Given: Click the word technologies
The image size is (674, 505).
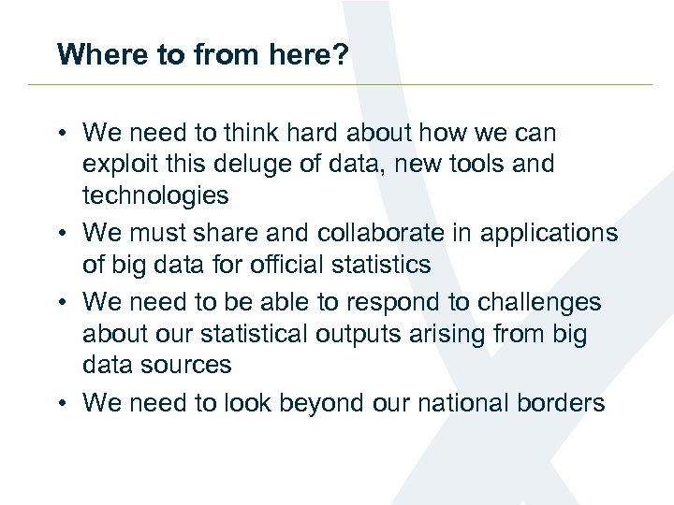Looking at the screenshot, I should pos(155,196).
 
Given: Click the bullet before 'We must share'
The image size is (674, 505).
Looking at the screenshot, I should pos(61,233).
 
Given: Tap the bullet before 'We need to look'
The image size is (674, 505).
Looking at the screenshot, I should pos(61,403).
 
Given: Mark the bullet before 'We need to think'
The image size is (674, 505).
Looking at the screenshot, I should pos(61,133).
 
